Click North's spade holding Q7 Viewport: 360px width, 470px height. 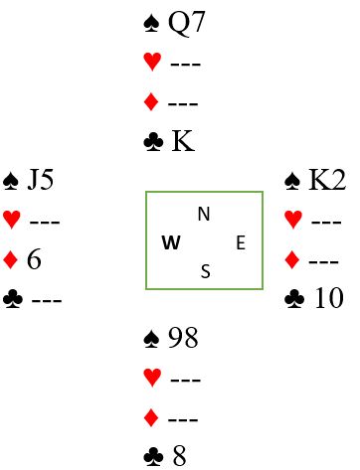(x=187, y=23)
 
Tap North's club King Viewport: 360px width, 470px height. (x=183, y=141)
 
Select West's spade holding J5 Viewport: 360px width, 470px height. (x=41, y=180)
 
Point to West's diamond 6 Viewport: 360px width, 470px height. (x=34, y=259)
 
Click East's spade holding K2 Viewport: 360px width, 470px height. (x=327, y=180)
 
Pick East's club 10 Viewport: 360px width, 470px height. (x=329, y=298)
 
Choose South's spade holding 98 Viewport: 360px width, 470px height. (x=183, y=338)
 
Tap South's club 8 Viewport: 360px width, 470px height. (x=179, y=456)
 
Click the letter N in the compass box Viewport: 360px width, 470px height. (x=204, y=214)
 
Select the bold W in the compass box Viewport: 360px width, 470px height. (x=171, y=242)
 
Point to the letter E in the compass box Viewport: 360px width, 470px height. (x=241, y=242)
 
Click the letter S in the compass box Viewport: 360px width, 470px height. (x=206, y=271)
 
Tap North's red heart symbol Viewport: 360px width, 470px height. (x=152, y=62)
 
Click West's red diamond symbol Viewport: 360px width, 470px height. (x=10, y=259)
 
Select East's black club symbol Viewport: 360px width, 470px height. (x=294, y=299)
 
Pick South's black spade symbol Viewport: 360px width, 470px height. (x=152, y=339)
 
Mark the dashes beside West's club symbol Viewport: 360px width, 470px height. (x=47, y=300)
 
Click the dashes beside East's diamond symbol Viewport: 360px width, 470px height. (x=323, y=261)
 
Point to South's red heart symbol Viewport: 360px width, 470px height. (x=152, y=378)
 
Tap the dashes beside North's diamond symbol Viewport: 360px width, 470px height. (x=183, y=104)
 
